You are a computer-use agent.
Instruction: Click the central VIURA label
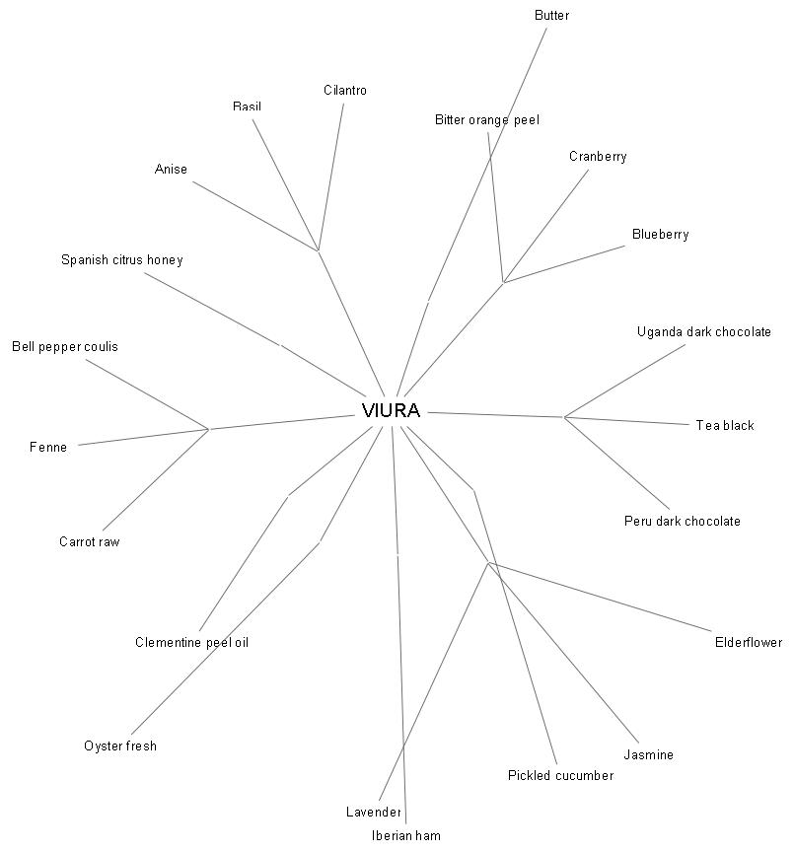click(391, 411)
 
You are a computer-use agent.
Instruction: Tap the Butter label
click(551, 16)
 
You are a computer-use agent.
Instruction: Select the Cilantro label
click(344, 91)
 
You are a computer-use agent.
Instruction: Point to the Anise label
click(171, 170)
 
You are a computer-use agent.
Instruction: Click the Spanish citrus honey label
click(121, 260)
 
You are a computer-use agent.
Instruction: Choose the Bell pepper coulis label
click(65, 347)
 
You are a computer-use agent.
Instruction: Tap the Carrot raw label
click(89, 542)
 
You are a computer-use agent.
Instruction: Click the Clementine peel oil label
click(191, 643)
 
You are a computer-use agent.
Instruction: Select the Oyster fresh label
click(120, 746)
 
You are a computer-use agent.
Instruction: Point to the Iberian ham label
click(405, 835)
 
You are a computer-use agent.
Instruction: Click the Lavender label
click(374, 813)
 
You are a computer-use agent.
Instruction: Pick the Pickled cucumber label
click(560, 776)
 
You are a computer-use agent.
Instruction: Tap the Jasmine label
click(648, 755)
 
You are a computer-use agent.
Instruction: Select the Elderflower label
click(748, 643)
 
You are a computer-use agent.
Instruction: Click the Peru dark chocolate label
click(682, 522)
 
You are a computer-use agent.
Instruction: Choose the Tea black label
click(724, 426)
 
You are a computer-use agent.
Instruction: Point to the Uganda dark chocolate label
click(703, 332)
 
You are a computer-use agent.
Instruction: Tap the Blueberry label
click(660, 235)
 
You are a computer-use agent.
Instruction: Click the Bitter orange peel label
click(486, 120)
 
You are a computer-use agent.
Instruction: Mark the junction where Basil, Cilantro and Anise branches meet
click(318, 250)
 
